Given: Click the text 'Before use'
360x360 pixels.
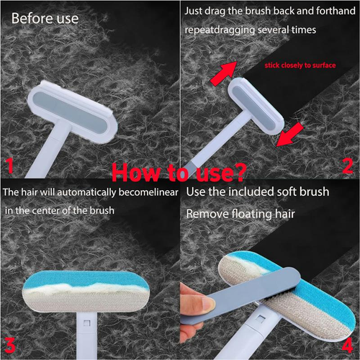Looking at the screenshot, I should pyautogui.click(x=40, y=17).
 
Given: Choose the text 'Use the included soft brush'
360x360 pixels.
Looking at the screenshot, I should pyautogui.click(x=258, y=192).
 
